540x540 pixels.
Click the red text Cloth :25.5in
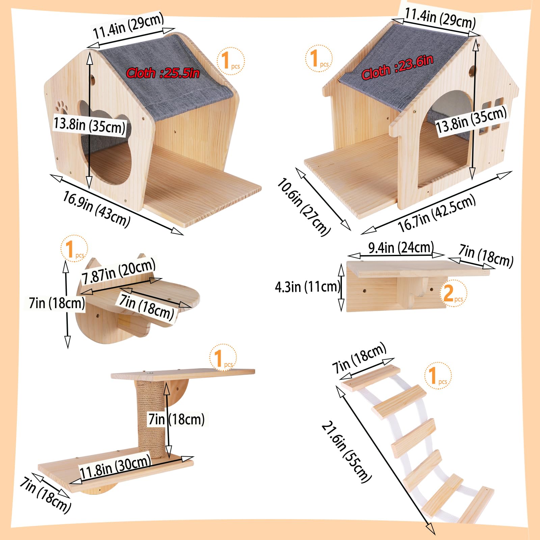pos(163,73)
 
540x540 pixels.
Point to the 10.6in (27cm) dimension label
pos(303,207)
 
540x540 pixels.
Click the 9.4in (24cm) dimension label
pos(401,247)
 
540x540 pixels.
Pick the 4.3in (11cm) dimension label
pos(307,287)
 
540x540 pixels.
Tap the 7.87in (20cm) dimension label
pos(118,271)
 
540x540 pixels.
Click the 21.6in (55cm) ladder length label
pos(346,452)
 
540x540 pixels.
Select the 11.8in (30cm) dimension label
pos(115,466)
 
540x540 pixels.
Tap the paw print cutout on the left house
pos(61,106)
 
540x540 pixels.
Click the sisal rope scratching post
pos(151,418)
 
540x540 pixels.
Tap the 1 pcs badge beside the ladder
pos(437,376)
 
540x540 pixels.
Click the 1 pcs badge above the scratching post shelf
pos(223,358)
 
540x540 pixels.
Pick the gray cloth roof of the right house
pos(402,67)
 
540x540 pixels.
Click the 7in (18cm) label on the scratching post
pos(177,420)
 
